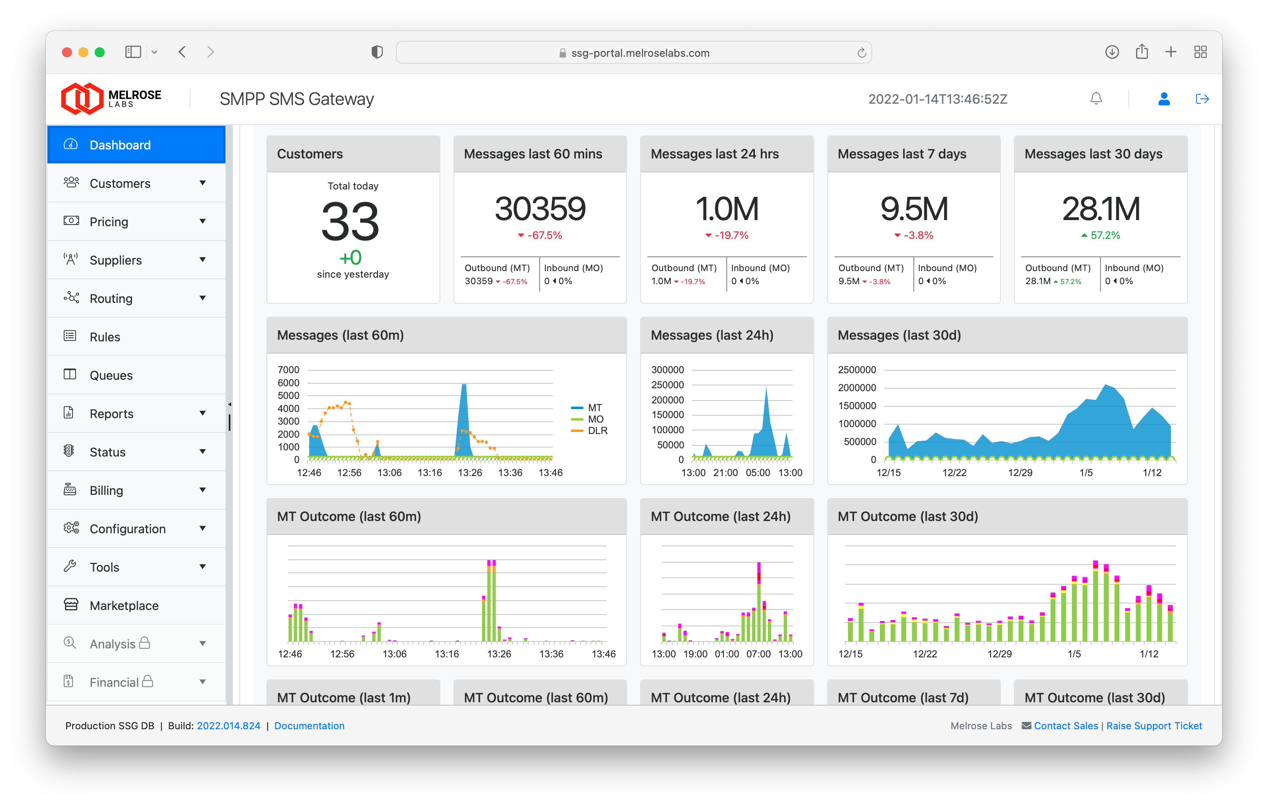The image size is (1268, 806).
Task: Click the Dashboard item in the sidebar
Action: point(120,145)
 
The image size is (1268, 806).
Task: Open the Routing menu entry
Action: point(111,298)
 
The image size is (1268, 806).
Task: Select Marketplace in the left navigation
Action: point(124,606)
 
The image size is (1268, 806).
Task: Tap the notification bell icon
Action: point(1096,98)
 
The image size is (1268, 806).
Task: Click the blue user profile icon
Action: point(1164,98)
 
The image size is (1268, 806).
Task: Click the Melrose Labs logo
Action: point(111,98)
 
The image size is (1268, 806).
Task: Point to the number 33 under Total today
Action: point(350,222)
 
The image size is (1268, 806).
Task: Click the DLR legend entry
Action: point(597,431)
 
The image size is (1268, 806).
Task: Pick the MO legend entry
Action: point(595,419)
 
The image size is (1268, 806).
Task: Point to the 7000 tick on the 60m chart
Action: point(288,370)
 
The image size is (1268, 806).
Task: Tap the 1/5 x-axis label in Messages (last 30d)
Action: point(1086,472)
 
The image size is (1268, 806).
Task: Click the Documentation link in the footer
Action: point(309,726)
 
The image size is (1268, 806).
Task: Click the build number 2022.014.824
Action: point(228,726)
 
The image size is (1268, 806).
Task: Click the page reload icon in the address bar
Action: point(862,53)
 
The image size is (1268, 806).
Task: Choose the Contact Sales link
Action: point(1066,726)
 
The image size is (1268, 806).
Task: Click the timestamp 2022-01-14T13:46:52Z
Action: point(937,99)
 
